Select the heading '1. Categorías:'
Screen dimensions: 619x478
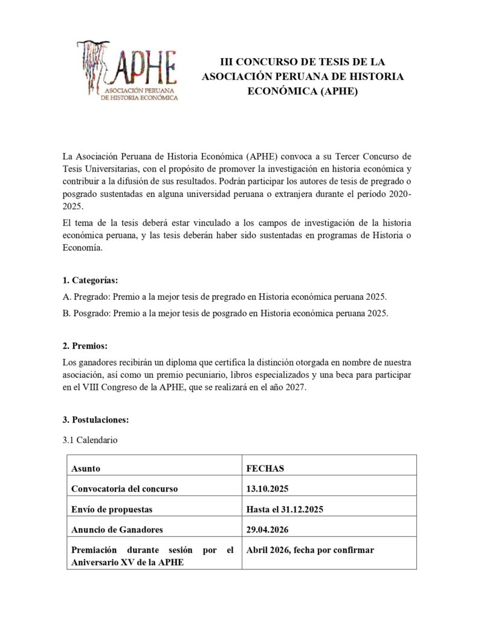[x=90, y=280]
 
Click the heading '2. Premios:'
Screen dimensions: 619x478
[x=85, y=346]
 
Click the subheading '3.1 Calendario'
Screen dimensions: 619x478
[x=89, y=440]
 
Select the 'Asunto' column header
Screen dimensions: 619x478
[x=85, y=468]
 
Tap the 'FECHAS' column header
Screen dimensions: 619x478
[x=265, y=468]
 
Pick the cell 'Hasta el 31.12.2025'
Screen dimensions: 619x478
[x=285, y=510]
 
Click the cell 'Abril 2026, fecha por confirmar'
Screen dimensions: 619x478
[x=311, y=549]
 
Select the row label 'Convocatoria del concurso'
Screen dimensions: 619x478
[x=124, y=489]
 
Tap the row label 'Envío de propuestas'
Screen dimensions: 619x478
[x=112, y=510]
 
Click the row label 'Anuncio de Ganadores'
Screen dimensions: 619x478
[x=117, y=530]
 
